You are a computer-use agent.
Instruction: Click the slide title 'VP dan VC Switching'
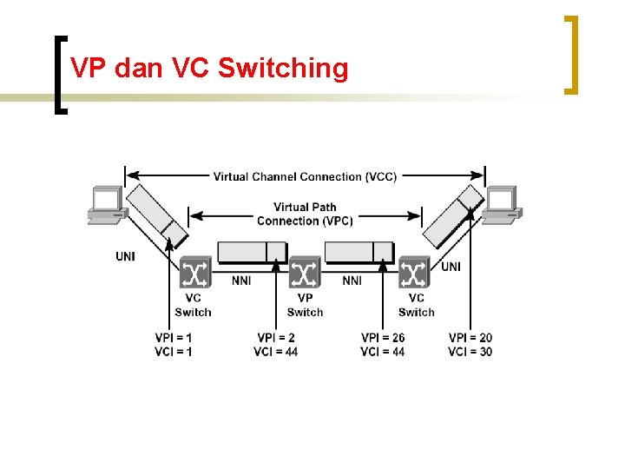click(x=208, y=68)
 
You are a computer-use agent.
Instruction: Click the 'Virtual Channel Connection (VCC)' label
click(x=305, y=176)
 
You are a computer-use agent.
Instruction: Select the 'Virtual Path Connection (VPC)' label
click(x=305, y=214)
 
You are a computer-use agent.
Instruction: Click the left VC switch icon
click(x=194, y=274)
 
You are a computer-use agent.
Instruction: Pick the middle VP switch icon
click(x=305, y=274)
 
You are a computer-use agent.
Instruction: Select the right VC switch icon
click(x=414, y=274)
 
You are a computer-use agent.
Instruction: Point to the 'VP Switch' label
click(x=305, y=305)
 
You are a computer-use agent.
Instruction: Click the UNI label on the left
click(x=126, y=256)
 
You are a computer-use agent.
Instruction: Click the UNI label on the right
click(x=451, y=267)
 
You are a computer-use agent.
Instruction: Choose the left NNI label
click(x=242, y=281)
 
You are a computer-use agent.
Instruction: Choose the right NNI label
click(x=352, y=281)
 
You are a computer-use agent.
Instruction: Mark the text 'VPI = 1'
click(x=174, y=337)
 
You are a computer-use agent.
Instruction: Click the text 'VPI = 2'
click(x=276, y=337)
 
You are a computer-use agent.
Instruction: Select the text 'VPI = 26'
click(x=383, y=337)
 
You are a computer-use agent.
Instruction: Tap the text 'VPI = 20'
click(x=470, y=337)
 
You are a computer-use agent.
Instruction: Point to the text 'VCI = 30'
click(x=470, y=351)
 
